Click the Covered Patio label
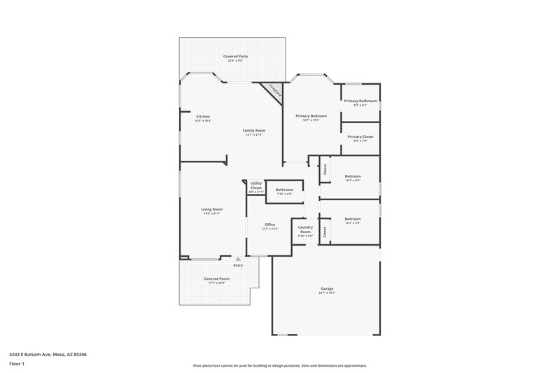[235, 56]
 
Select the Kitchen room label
[203, 116]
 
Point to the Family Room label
[254, 130]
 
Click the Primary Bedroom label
[311, 115]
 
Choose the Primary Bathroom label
[360, 101]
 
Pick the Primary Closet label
[360, 136]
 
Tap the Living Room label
[212, 209]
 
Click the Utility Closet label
[256, 185]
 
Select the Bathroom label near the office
[284, 190]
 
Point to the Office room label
[269, 225]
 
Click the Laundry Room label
[305, 229]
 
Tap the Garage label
[327, 288]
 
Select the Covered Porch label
[216, 279]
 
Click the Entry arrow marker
[237, 259]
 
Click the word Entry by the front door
[238, 265]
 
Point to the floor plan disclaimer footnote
[279, 365]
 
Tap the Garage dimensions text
[327, 293]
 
